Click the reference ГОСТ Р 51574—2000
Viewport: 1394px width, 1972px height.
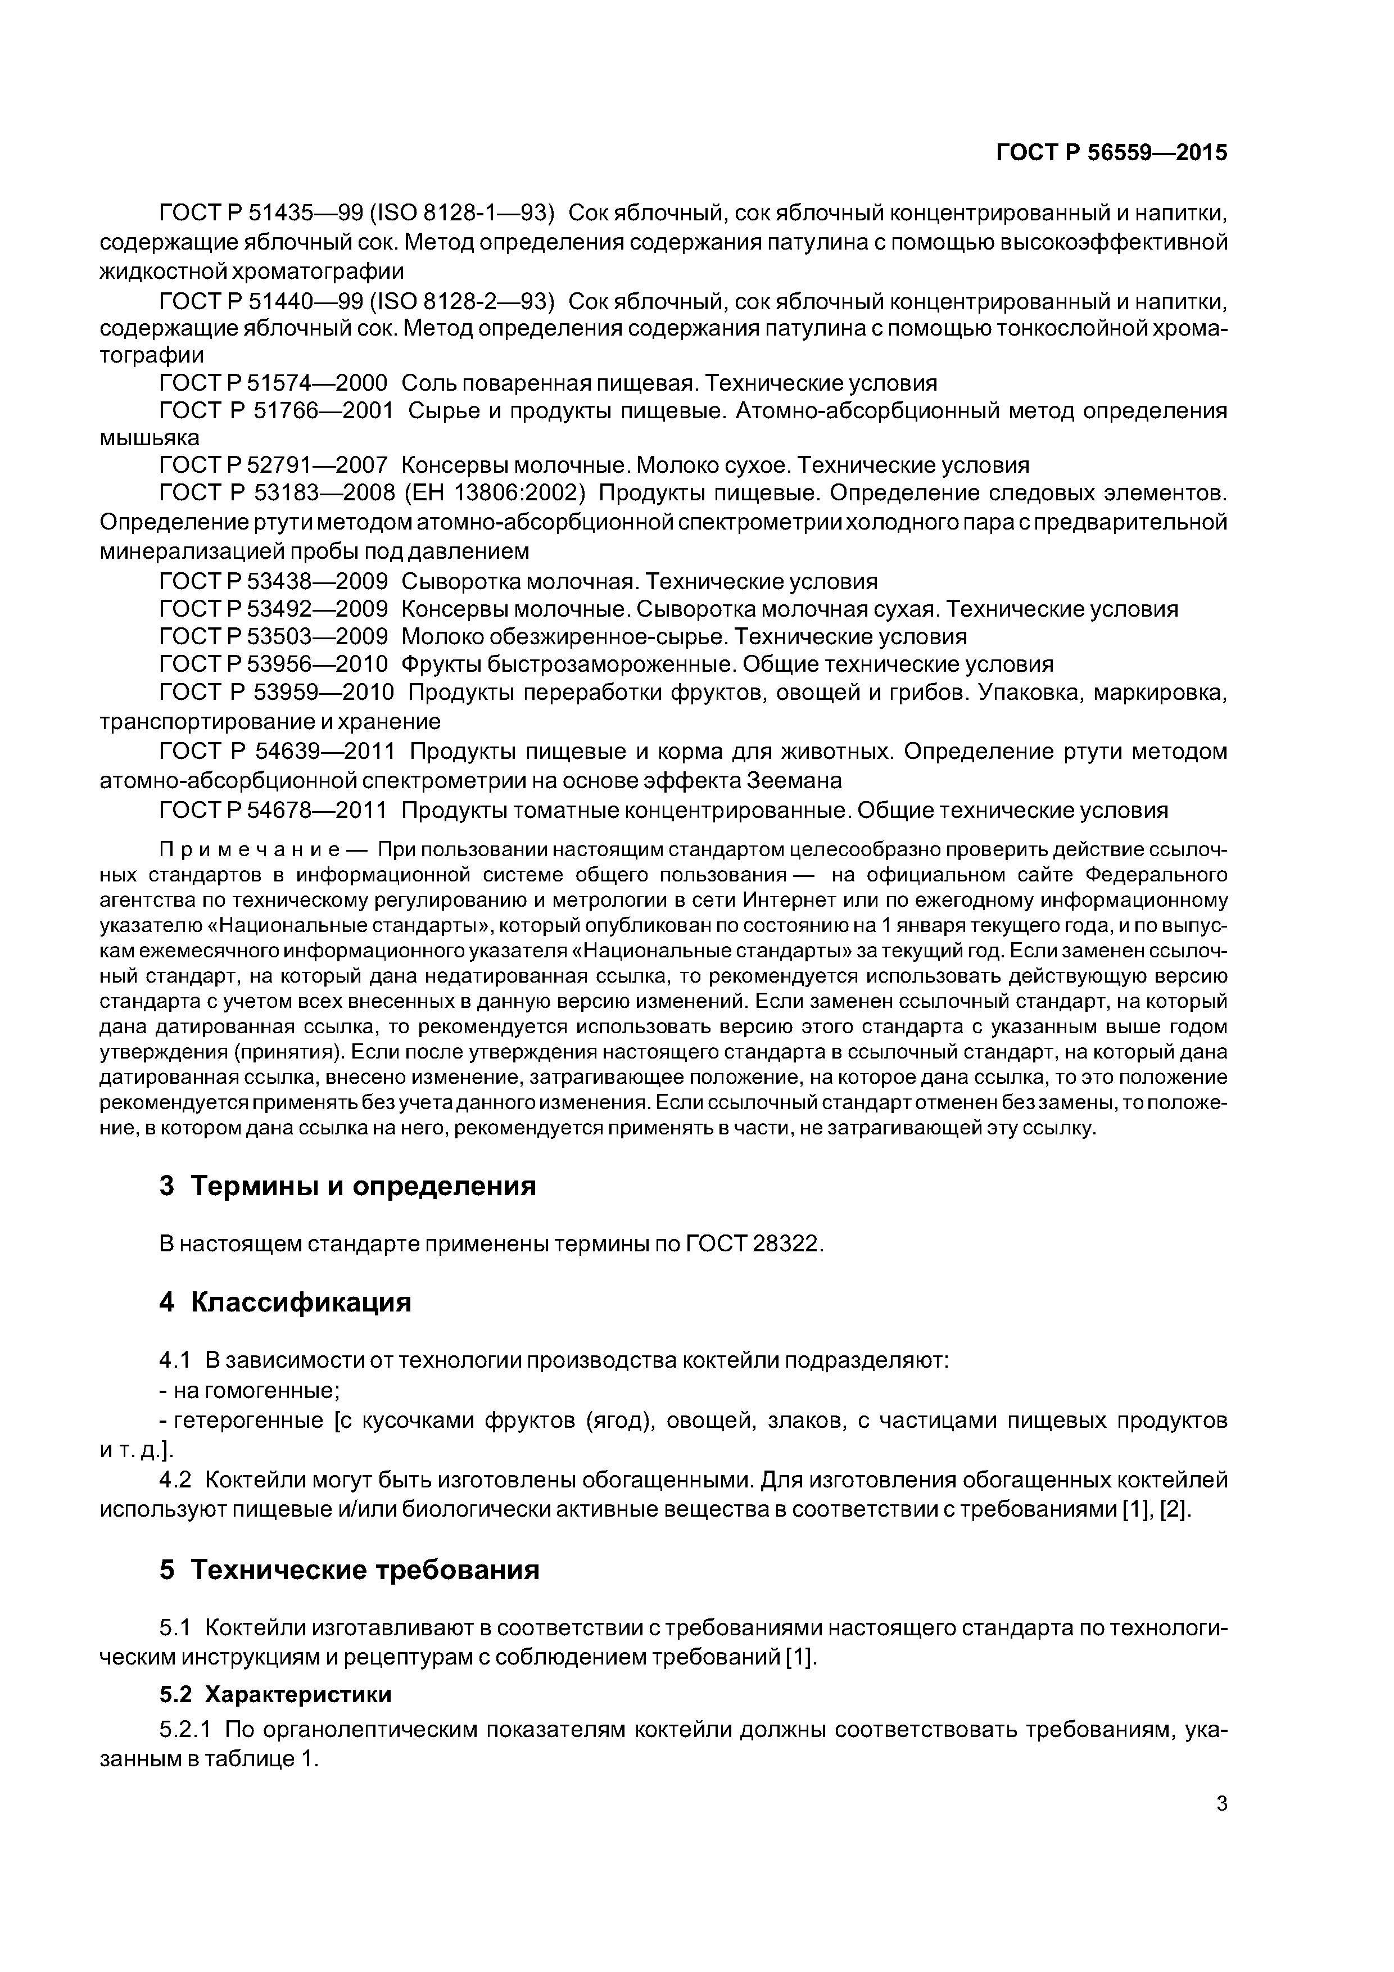(273, 383)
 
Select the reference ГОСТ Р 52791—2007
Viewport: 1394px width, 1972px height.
(273, 465)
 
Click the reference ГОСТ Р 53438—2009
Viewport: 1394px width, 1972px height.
(273, 581)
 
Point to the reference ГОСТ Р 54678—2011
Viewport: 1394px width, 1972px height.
(273, 810)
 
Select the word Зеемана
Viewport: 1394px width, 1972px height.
(794, 781)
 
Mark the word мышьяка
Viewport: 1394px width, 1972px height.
(150, 438)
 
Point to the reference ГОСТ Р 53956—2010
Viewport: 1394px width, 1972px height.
(273, 664)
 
